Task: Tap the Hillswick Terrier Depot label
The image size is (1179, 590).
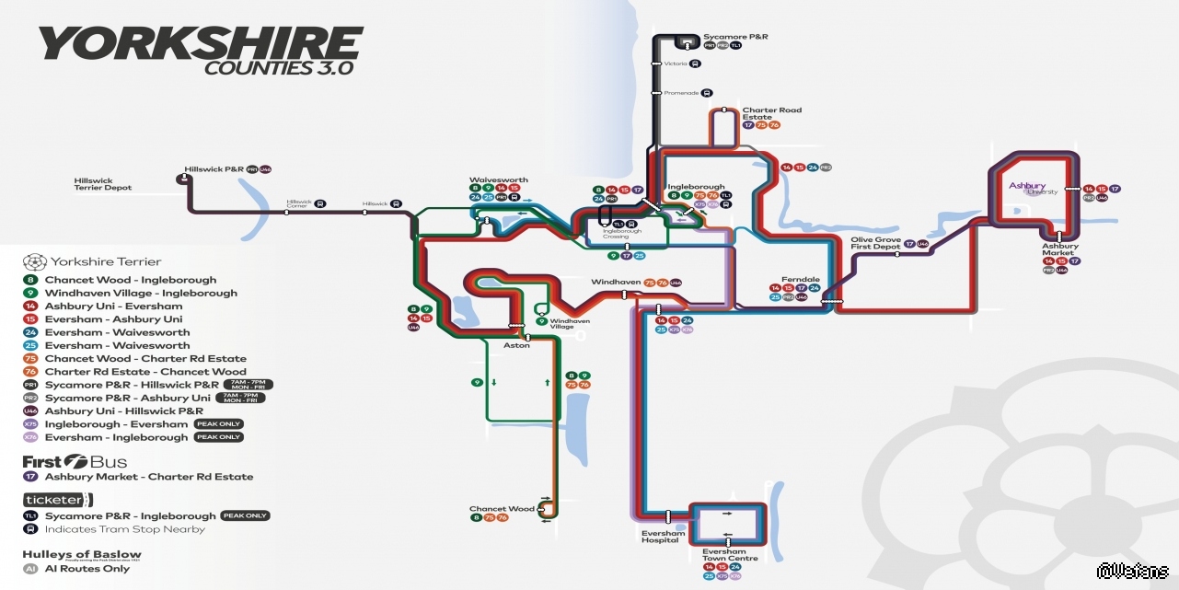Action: tap(103, 184)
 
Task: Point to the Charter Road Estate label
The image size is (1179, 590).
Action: tap(771, 114)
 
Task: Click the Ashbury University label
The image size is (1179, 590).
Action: tap(1032, 188)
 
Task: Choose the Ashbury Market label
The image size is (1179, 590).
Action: tap(1060, 249)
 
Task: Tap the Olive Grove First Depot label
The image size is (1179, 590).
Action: tap(875, 244)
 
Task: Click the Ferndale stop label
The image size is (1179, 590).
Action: tap(800, 279)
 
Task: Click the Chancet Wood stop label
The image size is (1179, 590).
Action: tap(502, 509)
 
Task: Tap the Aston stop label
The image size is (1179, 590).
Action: tap(516, 345)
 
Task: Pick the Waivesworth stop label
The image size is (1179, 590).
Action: tap(499, 179)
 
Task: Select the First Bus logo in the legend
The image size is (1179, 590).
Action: tap(75, 461)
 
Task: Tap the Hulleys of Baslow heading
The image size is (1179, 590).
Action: tap(82, 555)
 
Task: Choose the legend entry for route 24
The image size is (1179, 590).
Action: tap(117, 332)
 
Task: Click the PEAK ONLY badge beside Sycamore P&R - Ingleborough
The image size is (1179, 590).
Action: tap(245, 515)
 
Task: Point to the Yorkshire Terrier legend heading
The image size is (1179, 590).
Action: tap(106, 261)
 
